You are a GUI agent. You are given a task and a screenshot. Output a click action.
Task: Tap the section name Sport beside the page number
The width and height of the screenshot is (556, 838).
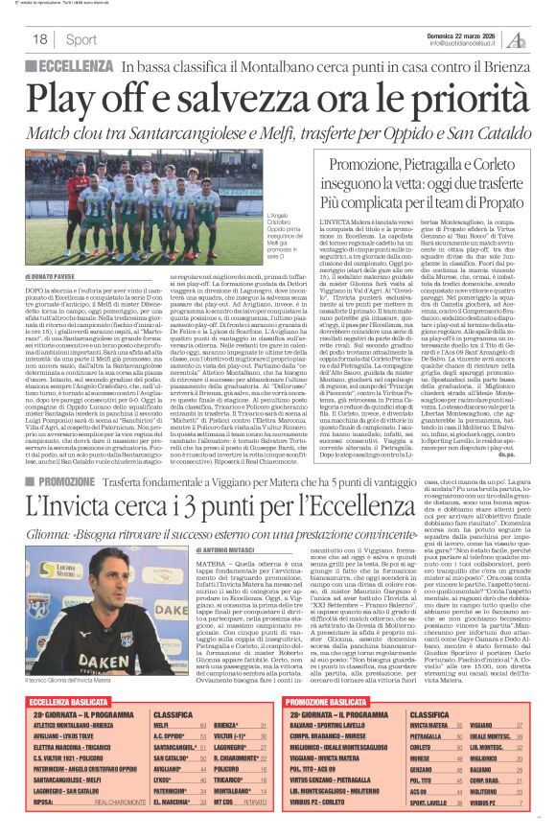click(81, 39)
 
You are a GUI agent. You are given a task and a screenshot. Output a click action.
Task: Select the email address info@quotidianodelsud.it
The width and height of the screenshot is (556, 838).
click(467, 43)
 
